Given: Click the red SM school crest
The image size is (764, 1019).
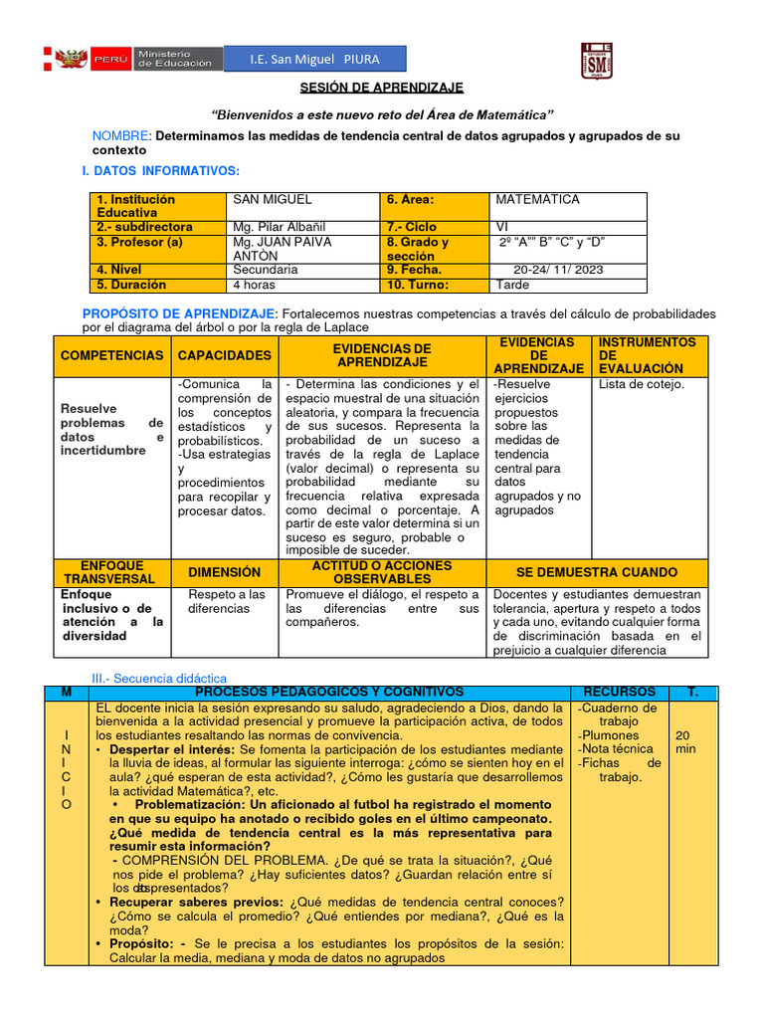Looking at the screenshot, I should pyautogui.click(x=595, y=59).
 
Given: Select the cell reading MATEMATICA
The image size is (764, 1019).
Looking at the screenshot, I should pyautogui.click(x=537, y=200).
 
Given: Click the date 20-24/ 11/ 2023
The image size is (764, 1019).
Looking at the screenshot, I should pyautogui.click(x=558, y=270).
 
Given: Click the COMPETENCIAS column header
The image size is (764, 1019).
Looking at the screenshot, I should pyautogui.click(x=111, y=355).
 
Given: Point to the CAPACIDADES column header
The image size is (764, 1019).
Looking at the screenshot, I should pyautogui.click(x=224, y=355).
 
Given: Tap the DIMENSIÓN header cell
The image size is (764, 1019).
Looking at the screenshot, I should pyautogui.click(x=224, y=572).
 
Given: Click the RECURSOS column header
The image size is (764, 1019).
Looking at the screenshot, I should pyautogui.click(x=619, y=692).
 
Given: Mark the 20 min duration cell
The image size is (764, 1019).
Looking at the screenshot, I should pyautogui.click(x=685, y=741).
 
